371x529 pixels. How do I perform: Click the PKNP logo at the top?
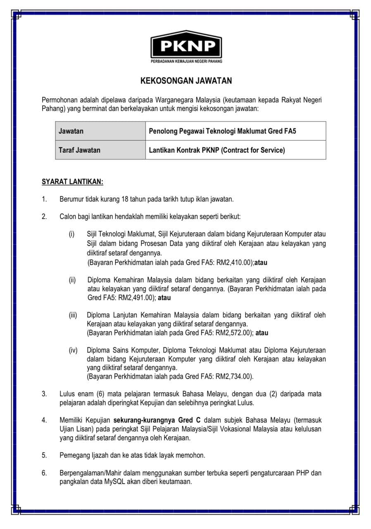pyautogui.click(x=186, y=45)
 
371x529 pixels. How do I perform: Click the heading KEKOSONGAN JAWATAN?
pyautogui.click(x=186, y=81)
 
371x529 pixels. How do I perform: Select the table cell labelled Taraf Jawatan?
pyautogui.click(x=79, y=150)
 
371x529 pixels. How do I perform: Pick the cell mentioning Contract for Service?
pyautogui.click(x=217, y=150)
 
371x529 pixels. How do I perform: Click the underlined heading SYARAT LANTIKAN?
pyautogui.click(x=72, y=182)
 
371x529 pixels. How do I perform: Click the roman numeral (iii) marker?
pyautogui.click(x=73, y=315)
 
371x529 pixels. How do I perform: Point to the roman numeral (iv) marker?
pyautogui.click(x=73, y=350)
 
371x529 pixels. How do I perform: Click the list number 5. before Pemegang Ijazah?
pyautogui.click(x=44, y=455)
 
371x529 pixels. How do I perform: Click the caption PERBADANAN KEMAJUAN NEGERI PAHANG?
pyautogui.click(x=186, y=62)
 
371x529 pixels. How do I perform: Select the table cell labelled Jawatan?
pyautogui.click(x=71, y=131)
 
